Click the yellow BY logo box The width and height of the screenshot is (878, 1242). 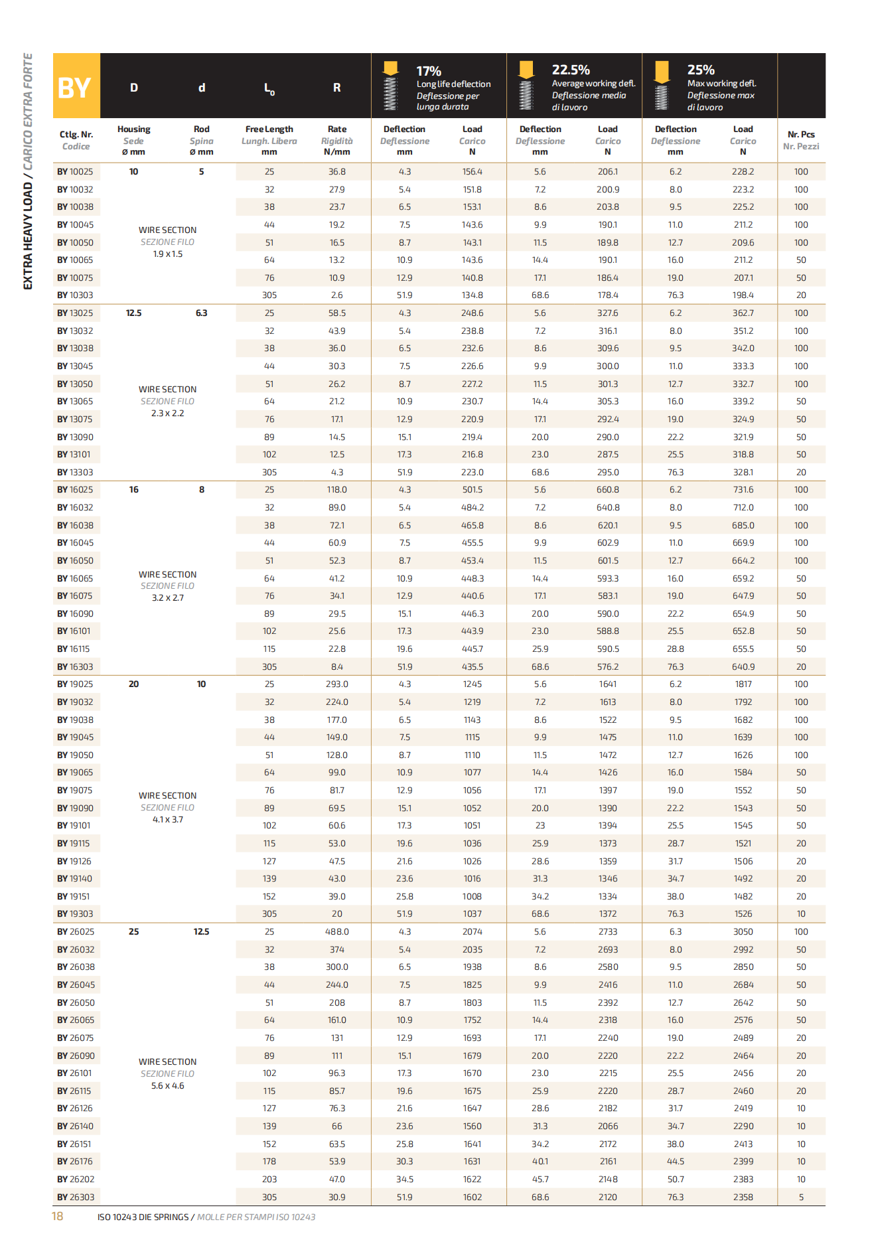tap(76, 86)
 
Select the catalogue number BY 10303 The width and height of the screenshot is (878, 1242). tap(75, 295)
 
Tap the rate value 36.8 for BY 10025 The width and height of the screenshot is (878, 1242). tap(336, 172)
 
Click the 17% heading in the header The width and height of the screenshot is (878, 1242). tap(429, 71)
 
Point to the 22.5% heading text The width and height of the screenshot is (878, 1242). tap(571, 70)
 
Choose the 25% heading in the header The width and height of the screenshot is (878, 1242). tap(701, 70)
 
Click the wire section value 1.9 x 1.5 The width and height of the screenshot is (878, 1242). tap(167, 254)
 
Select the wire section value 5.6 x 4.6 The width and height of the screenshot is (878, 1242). tap(167, 1086)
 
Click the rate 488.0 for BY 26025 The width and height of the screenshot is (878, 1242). tap(336, 932)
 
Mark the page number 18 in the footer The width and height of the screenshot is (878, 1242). tap(58, 1216)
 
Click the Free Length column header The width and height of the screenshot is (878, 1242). tap(269, 129)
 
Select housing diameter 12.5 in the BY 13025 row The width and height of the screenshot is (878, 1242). tap(133, 313)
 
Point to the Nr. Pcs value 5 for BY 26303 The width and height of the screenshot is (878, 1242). tap(801, 1198)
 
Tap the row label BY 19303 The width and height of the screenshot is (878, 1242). tap(75, 914)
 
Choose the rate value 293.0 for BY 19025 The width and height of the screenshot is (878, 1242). tap(336, 684)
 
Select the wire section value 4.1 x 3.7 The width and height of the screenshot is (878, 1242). tap(167, 820)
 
